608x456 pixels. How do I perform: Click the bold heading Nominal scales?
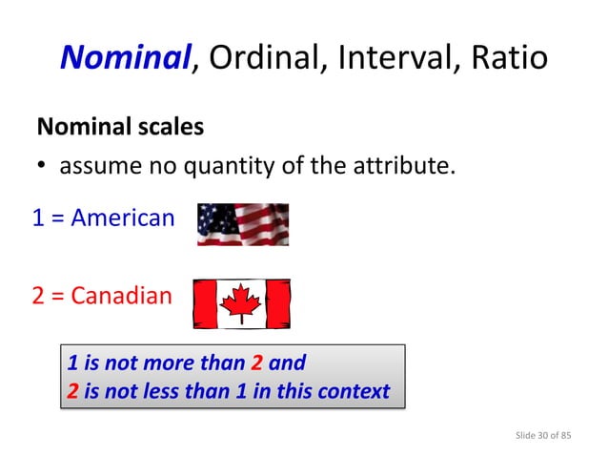click(120, 126)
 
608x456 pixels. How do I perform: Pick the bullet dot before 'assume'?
click(42, 168)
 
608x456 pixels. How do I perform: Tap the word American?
click(123, 218)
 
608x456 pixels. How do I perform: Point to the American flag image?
click(242, 224)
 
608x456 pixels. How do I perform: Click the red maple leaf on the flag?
click(241, 303)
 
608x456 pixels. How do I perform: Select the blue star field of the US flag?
click(213, 217)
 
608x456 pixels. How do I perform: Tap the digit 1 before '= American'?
click(38, 218)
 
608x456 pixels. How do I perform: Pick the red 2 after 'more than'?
click(255, 363)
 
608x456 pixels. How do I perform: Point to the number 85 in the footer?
click(566, 436)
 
